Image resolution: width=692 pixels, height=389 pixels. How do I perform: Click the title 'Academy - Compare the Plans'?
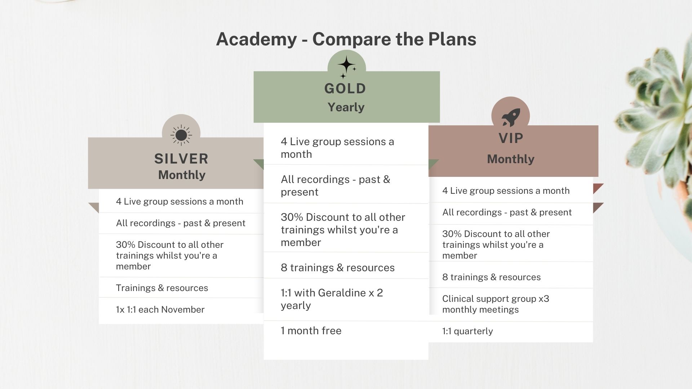[346, 39]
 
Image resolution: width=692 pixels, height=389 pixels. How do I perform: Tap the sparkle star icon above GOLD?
[347, 66]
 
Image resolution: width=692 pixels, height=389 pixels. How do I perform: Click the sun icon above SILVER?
[181, 135]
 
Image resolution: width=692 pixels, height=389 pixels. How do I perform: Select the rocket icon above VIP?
[510, 117]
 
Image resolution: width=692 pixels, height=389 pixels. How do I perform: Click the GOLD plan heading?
[345, 89]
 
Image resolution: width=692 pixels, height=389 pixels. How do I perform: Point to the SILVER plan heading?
[181, 159]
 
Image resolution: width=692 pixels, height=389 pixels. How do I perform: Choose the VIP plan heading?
[511, 138]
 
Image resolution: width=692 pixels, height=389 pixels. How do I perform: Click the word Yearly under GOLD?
[346, 107]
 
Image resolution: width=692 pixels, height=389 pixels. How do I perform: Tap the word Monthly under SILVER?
[182, 175]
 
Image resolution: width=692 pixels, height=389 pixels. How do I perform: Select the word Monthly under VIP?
[511, 159]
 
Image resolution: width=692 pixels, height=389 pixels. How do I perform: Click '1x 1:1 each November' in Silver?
[160, 309]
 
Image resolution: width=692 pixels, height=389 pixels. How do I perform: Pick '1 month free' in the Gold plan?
[311, 331]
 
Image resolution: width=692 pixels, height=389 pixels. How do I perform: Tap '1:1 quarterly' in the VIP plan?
[467, 331]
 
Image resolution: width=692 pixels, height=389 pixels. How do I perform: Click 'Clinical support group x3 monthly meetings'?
[496, 304]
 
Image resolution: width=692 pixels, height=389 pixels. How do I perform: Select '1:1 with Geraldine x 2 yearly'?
[332, 299]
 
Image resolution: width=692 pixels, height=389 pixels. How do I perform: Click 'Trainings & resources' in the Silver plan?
[162, 288]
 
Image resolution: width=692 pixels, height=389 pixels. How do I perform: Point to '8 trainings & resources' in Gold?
[337, 268]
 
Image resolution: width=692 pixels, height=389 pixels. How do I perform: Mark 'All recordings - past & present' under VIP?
[507, 213]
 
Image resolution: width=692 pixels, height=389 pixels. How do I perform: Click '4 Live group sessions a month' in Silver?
[179, 201]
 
